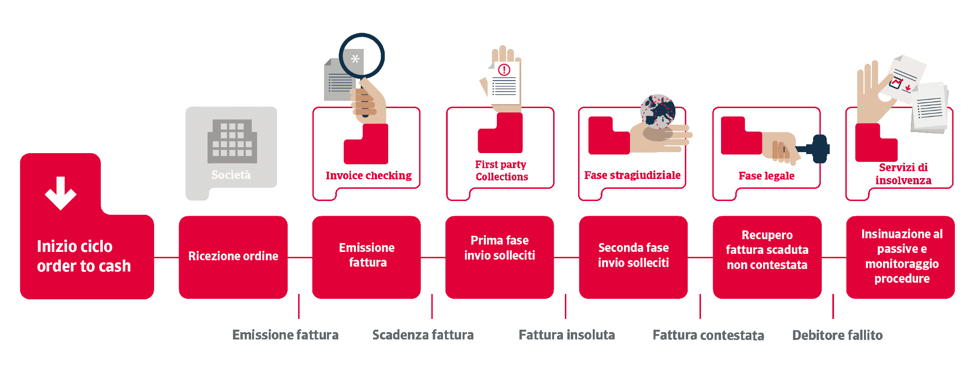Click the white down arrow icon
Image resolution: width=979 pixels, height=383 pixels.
click(x=61, y=193)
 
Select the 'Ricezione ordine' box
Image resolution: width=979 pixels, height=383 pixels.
click(x=233, y=256)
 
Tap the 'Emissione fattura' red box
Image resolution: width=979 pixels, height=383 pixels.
click(x=367, y=256)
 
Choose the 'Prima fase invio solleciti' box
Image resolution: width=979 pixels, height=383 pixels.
click(x=499, y=256)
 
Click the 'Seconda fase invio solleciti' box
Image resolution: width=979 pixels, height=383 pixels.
click(x=633, y=256)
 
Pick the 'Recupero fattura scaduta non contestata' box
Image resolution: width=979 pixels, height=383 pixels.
click(x=767, y=256)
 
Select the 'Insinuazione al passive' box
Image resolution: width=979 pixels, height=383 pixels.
click(x=901, y=256)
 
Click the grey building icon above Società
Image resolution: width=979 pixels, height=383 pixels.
click(x=232, y=141)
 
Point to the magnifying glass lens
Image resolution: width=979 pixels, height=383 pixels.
click(x=361, y=56)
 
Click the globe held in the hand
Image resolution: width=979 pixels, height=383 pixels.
click(x=658, y=112)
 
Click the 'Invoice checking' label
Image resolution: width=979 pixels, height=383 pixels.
click(x=369, y=176)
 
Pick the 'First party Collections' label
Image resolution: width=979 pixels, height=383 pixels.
click(x=501, y=170)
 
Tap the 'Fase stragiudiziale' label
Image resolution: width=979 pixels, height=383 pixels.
click(x=632, y=175)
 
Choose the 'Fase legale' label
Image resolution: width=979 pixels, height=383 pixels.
click(x=767, y=176)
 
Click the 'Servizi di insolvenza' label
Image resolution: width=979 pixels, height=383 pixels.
click(x=903, y=174)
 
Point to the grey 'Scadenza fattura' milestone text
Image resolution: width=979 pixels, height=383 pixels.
click(x=423, y=335)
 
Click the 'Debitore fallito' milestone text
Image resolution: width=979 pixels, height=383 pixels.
click(x=837, y=335)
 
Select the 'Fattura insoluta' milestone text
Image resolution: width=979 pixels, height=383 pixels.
click(x=567, y=335)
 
